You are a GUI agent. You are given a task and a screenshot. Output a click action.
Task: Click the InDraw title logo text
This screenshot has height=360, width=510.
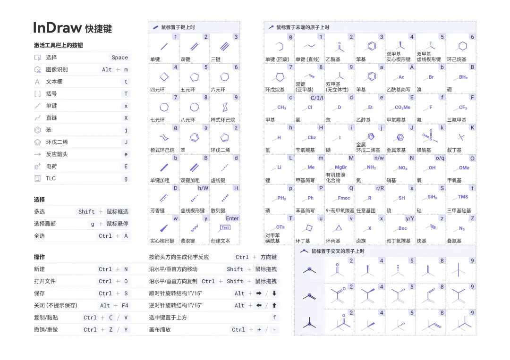point(57,28)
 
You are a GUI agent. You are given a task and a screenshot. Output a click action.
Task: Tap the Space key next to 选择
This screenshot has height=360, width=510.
point(119,58)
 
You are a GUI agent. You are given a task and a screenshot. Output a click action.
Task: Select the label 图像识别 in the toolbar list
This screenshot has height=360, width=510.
point(56,69)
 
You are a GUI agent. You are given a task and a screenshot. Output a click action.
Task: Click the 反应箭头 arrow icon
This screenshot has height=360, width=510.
point(38,154)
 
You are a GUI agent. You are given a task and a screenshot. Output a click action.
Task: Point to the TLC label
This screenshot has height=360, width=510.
point(51,179)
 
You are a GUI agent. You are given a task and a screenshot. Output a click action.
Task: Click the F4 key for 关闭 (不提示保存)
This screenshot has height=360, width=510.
point(125,306)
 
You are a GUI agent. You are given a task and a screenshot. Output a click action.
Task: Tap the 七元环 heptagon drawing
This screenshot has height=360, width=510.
point(164,107)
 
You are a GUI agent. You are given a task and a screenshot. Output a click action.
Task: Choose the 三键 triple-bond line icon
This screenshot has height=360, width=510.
point(225,47)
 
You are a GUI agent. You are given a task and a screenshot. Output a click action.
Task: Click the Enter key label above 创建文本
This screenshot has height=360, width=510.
point(232,218)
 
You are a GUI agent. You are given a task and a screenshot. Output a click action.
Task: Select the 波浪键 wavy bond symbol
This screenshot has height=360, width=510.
point(194,228)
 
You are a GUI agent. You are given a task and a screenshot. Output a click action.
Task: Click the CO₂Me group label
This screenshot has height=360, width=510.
point(402,108)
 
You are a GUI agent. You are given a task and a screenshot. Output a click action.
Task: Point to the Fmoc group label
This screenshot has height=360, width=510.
point(344,198)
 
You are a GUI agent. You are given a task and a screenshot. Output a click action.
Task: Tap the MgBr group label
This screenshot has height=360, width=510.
point(340,167)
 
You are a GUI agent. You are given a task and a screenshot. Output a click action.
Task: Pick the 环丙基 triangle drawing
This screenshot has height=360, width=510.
point(339,228)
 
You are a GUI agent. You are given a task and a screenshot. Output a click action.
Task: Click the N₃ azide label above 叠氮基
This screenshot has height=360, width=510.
point(461,228)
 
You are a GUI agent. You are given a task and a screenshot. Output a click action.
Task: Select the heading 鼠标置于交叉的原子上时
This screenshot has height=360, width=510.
point(338,251)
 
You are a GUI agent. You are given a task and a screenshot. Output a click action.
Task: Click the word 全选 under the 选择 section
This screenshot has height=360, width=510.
point(39,236)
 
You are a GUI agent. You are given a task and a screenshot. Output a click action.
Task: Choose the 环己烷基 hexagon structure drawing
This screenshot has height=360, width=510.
point(462,46)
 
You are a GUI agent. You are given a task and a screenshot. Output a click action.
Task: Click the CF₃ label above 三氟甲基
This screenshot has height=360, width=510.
point(463,108)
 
